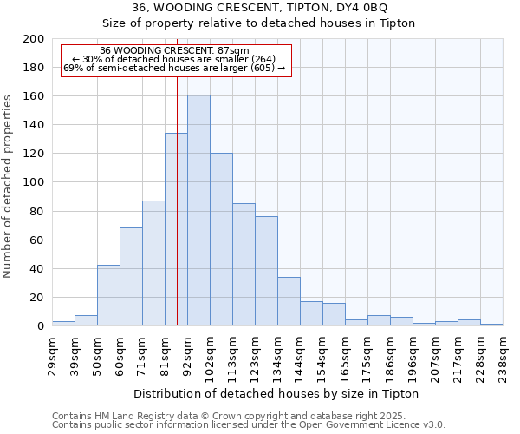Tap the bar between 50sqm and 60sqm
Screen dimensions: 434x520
click(108, 295)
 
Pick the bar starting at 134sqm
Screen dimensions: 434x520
click(289, 301)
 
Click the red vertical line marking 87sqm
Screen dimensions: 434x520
click(177, 217)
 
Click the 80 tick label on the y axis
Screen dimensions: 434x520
click(37, 211)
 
